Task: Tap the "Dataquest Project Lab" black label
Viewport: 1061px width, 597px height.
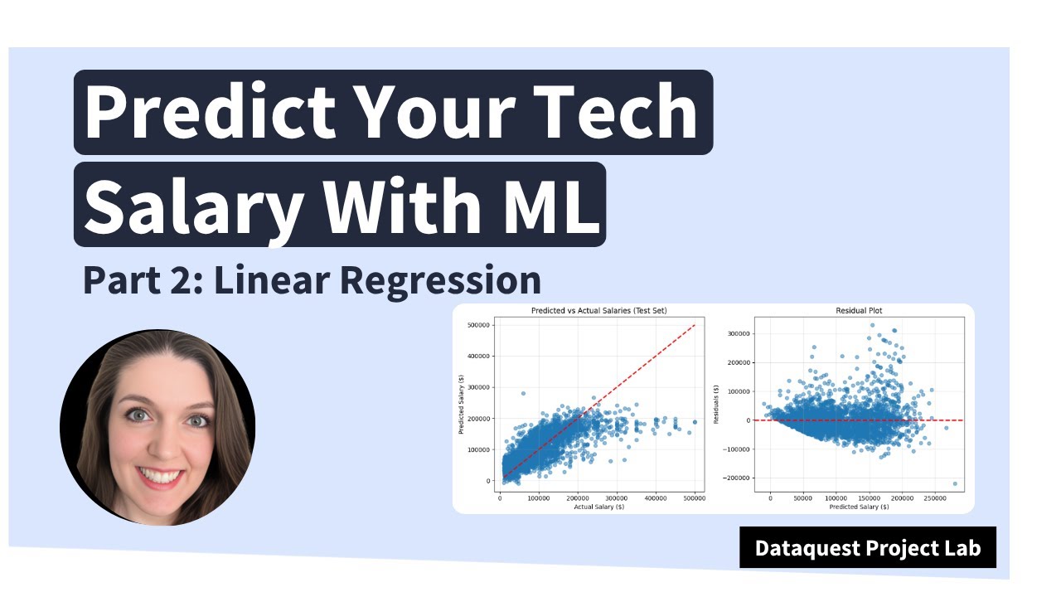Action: [867, 548]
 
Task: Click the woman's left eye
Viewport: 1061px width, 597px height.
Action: [196, 420]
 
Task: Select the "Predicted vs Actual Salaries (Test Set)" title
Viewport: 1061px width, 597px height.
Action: [598, 311]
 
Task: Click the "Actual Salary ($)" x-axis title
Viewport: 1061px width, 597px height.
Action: [598, 507]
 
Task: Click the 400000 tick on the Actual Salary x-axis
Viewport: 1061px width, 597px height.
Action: [656, 498]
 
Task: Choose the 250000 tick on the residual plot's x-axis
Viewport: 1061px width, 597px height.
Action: [935, 498]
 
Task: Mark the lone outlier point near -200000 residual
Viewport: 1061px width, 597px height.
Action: [955, 483]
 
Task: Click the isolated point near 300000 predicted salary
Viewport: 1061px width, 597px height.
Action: [523, 394]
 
